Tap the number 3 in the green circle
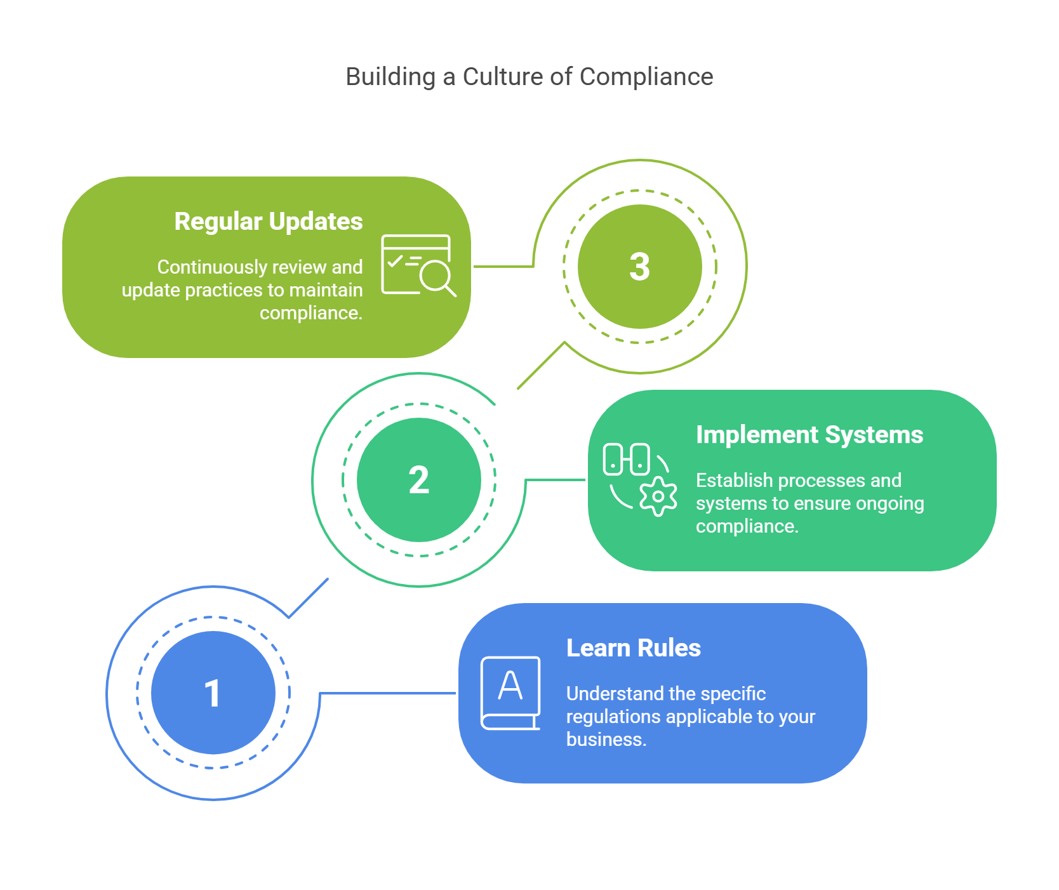click(x=639, y=267)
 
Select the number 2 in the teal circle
click(x=418, y=480)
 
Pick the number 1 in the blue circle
click(x=213, y=693)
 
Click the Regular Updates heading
click(x=268, y=222)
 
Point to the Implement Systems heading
click(x=809, y=435)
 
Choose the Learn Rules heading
click(x=633, y=648)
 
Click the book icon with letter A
click(x=510, y=693)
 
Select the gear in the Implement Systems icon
click(x=658, y=496)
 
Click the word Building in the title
click(x=390, y=77)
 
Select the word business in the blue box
click(x=605, y=740)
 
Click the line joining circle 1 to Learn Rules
click(x=387, y=693)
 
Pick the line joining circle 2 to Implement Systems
click(x=556, y=480)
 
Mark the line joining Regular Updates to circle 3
click(x=503, y=267)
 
